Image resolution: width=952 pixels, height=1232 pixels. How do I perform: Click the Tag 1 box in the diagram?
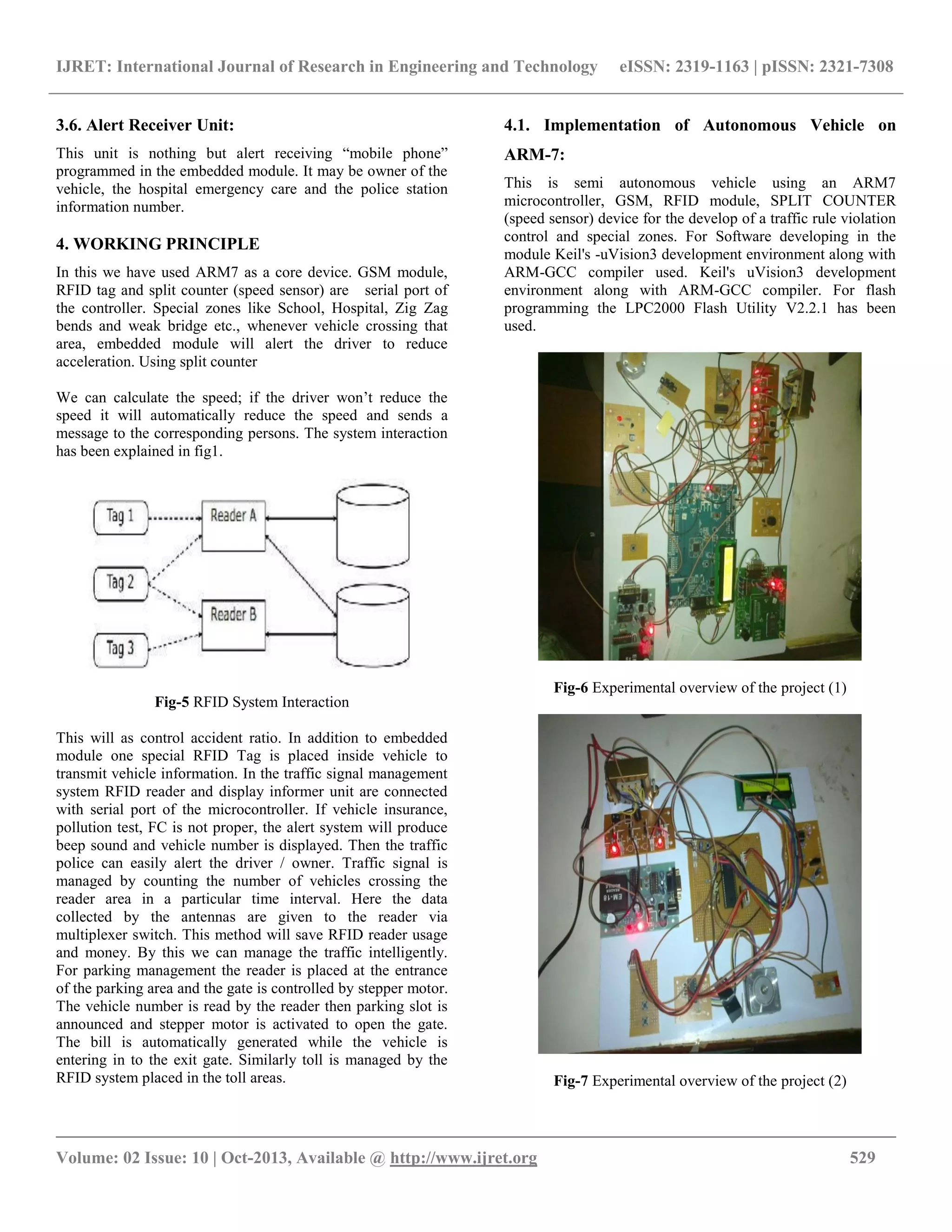tap(121, 517)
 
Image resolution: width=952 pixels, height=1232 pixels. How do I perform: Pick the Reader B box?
tap(233, 624)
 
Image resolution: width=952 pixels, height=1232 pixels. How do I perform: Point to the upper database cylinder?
tap(373, 524)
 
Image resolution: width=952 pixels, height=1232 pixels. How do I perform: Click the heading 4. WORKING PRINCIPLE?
tap(158, 244)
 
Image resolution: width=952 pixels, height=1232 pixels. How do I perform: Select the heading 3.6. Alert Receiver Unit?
tap(145, 125)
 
